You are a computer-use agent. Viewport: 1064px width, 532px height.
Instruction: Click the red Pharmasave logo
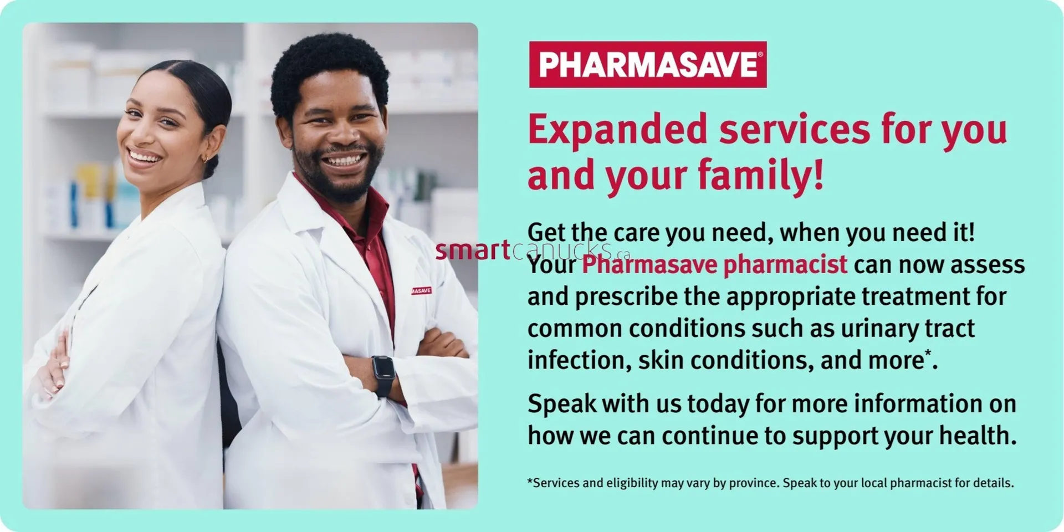647,64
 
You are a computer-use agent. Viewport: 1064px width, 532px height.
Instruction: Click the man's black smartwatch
383,374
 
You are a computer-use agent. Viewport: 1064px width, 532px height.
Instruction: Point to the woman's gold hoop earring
206,159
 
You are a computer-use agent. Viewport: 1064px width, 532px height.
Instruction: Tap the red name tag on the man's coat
421,290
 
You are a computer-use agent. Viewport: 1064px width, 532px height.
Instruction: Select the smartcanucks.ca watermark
532,251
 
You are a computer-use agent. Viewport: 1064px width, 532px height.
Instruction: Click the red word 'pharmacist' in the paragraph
785,264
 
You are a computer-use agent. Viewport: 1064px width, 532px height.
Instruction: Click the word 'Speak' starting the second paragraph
561,404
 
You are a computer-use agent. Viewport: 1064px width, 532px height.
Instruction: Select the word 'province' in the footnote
754,483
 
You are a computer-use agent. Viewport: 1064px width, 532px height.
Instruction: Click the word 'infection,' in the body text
579,361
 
